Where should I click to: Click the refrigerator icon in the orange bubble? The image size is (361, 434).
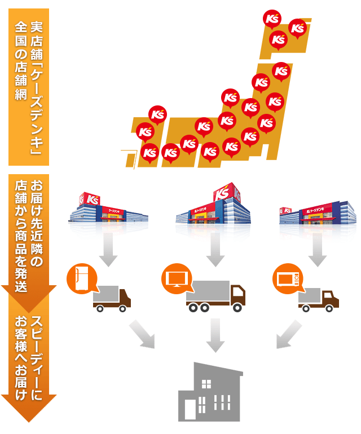82,278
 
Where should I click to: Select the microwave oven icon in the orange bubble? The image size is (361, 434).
288,279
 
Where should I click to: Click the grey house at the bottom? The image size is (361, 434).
210,392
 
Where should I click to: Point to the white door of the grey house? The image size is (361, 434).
190,409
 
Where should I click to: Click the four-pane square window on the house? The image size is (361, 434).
206,384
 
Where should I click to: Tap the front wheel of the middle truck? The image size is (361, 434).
237,307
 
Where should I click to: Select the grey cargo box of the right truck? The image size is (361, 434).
309,295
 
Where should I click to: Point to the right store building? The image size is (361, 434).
318,213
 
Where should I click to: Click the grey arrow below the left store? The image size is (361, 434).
108,249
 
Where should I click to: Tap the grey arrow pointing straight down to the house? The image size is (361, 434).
215,335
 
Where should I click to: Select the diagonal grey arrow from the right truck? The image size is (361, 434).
289,334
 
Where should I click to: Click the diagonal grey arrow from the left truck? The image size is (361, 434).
142,334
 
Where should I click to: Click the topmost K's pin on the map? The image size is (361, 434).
272,19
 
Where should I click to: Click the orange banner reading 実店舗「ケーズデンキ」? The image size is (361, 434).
29,87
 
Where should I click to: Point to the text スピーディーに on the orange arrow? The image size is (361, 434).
37,357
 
